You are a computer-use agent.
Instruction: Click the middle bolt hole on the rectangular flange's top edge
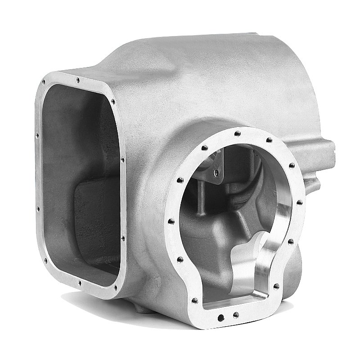click(x=78, y=80)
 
